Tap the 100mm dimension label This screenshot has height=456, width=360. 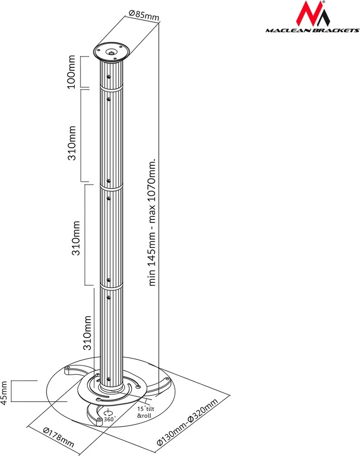pyautogui.click(x=72, y=71)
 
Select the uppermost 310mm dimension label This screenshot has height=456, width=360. pyautogui.click(x=72, y=143)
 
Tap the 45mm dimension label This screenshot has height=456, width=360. pyautogui.click(x=4, y=393)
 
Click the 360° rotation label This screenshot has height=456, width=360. pyautogui.click(x=109, y=419)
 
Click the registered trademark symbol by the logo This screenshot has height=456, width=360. pyautogui.click(x=324, y=2)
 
